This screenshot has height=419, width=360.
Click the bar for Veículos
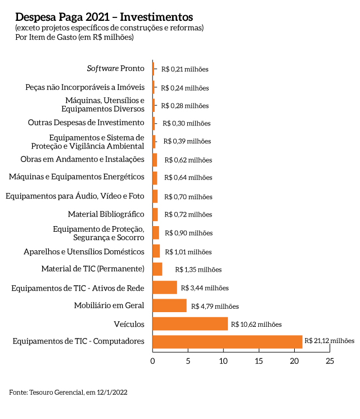(x=190, y=324)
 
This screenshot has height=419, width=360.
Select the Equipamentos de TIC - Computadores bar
(x=227, y=341)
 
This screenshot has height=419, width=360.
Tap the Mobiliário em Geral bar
(x=169, y=305)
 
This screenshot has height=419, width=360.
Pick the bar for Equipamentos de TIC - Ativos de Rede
(x=165, y=287)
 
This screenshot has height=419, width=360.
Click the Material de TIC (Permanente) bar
(x=157, y=269)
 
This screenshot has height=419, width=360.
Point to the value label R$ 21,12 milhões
(x=330, y=340)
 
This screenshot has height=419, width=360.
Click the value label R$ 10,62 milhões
(x=257, y=324)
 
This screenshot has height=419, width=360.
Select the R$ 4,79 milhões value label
(x=215, y=307)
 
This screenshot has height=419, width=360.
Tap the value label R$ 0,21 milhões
(x=184, y=69)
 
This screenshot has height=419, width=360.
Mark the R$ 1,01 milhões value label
(x=188, y=252)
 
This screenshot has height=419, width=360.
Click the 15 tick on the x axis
(x=259, y=361)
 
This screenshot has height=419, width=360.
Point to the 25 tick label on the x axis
(x=330, y=361)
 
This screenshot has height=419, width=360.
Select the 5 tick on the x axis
(x=188, y=361)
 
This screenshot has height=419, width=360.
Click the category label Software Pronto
(x=115, y=69)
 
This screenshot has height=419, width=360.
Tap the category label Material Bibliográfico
(x=106, y=214)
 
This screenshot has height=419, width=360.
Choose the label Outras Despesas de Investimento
(x=86, y=123)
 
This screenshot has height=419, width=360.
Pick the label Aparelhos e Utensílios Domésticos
(x=84, y=251)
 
